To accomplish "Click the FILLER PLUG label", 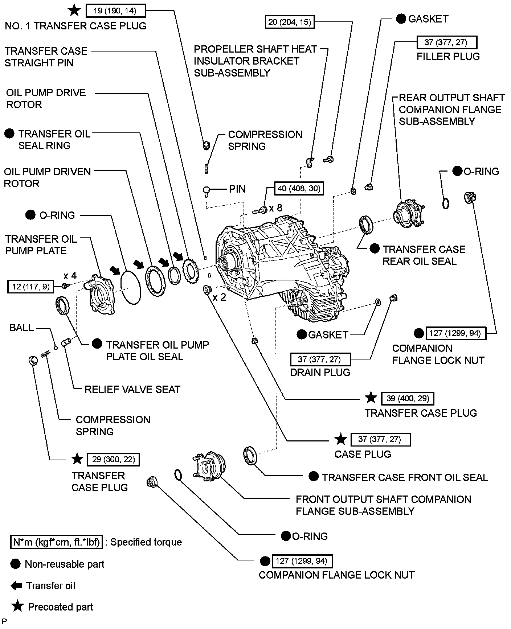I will tap(448, 56).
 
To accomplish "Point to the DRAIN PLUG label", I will tap(320, 373).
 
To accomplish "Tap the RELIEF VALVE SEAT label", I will tap(132, 389).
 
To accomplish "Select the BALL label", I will tap(21, 328).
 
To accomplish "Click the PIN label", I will tap(237, 189).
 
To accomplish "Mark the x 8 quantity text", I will tap(275, 208).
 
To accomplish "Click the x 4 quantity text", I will tap(70, 276).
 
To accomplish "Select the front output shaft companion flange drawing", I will tap(209, 466).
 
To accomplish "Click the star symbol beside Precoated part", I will tap(17, 606).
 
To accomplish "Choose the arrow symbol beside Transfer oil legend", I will tap(16, 585).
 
